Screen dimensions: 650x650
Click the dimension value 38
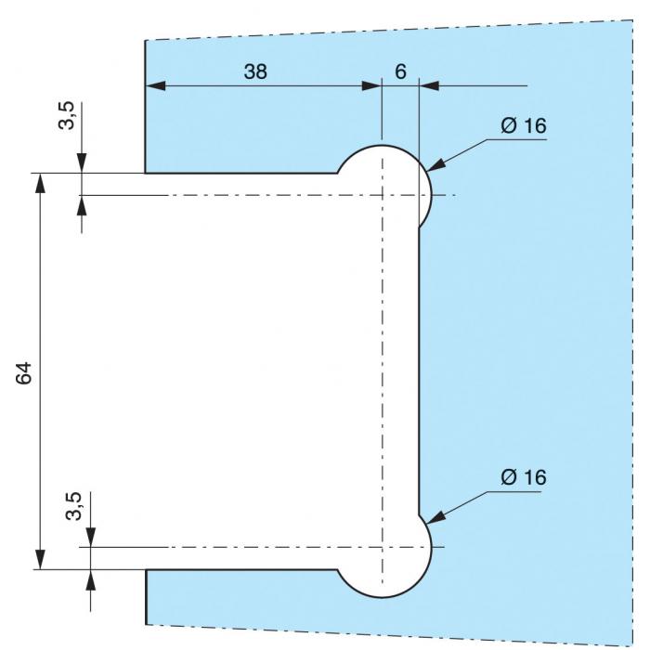point(255,71)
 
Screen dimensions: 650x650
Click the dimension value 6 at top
point(400,71)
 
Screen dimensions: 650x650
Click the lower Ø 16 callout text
point(523,478)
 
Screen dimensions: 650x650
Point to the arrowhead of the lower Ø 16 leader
point(431,522)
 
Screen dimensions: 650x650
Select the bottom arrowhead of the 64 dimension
point(40,561)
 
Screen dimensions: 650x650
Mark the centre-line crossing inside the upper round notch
point(382,195)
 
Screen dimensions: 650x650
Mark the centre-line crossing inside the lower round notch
point(382,547)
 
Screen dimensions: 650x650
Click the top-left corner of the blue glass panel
point(146,41)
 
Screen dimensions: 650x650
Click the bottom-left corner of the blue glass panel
point(147,623)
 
